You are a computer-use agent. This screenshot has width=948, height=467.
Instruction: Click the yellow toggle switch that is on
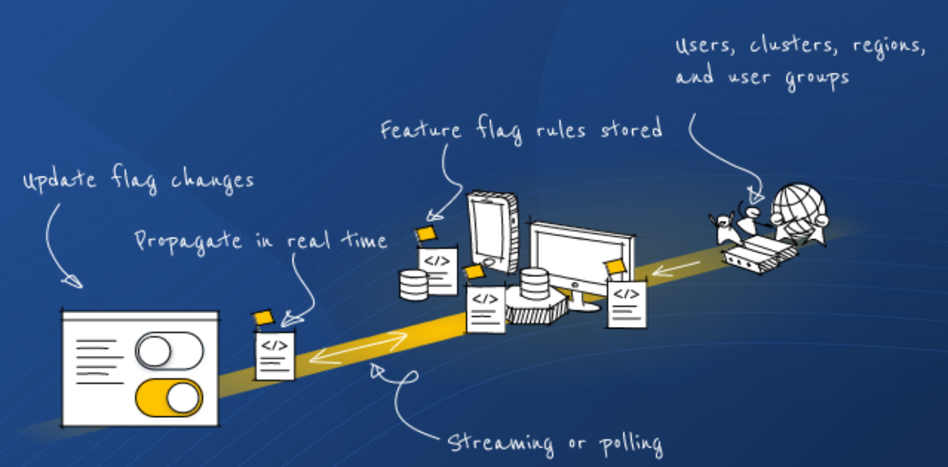pos(169,398)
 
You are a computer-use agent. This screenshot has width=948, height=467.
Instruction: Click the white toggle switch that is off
pos(170,350)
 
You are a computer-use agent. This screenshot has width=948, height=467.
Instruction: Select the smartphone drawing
pos(492,233)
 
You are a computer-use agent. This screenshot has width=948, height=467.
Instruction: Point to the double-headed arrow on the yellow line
pos(358,348)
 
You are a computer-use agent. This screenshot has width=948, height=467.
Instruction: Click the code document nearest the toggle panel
pos(275,355)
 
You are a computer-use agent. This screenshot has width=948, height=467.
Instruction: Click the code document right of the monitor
pos(627,303)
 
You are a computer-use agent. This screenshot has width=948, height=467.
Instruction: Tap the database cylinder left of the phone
pos(414,285)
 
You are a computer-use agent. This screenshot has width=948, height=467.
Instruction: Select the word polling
pos(626,444)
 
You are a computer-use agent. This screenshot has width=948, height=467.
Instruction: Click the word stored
pos(627,129)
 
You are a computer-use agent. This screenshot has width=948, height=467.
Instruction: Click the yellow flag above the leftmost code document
pos(263,318)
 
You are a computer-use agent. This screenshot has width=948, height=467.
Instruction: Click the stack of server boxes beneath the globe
pos(760,254)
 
